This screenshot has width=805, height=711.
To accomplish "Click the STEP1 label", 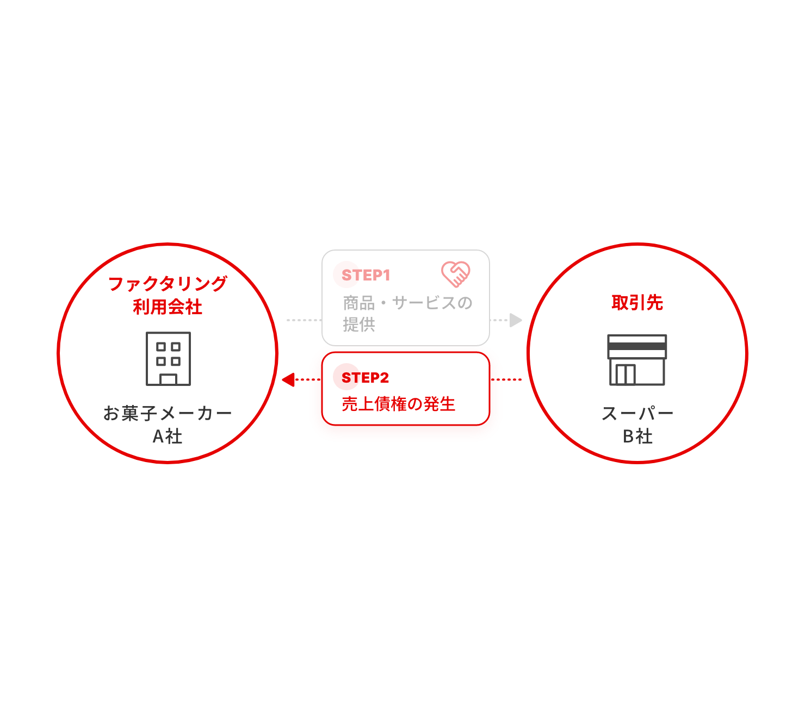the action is coord(366,275).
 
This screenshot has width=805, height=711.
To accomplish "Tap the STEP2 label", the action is coord(365,377).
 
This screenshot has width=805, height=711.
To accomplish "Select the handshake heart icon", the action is coord(455,274).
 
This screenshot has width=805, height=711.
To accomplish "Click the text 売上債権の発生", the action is coord(398,404).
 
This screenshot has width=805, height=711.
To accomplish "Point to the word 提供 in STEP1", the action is coord(359,324).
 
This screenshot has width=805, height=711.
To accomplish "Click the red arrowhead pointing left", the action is coord(288,379).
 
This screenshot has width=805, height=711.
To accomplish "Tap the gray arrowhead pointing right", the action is coord(515,320).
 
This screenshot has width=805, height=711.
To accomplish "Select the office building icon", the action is coord(168,358).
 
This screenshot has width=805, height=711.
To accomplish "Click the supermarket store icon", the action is coord(637,359).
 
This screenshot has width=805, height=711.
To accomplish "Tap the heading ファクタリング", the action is coord(168,284).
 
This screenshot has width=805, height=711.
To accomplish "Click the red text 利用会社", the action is coord(168,307).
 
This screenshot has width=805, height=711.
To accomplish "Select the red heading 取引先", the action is coord(637,302).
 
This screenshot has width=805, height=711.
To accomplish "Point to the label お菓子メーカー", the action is coord(168,413).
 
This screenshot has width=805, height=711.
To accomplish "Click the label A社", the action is coord(168,436).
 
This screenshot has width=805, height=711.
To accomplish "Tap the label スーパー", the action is coord(637,413).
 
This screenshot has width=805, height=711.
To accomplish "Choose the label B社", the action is coord(637,436).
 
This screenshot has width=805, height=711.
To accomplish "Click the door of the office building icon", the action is coord(168,379).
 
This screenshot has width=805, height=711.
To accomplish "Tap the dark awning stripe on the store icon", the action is coord(637,346).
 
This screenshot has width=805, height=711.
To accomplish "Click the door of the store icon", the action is coord(626,374).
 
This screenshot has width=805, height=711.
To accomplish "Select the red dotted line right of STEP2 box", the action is coord(506,379).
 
